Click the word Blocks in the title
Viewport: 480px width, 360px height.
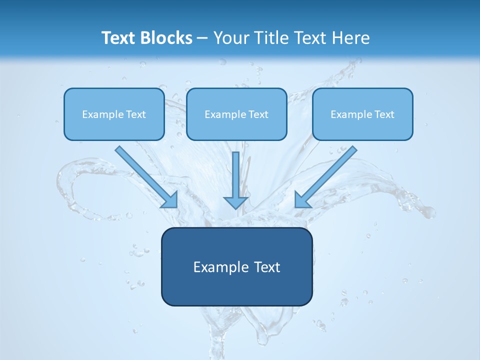pyautogui.click(x=167, y=38)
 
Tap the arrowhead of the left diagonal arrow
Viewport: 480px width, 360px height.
pyautogui.click(x=170, y=200)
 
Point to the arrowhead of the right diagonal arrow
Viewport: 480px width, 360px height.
pyautogui.click(x=302, y=200)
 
